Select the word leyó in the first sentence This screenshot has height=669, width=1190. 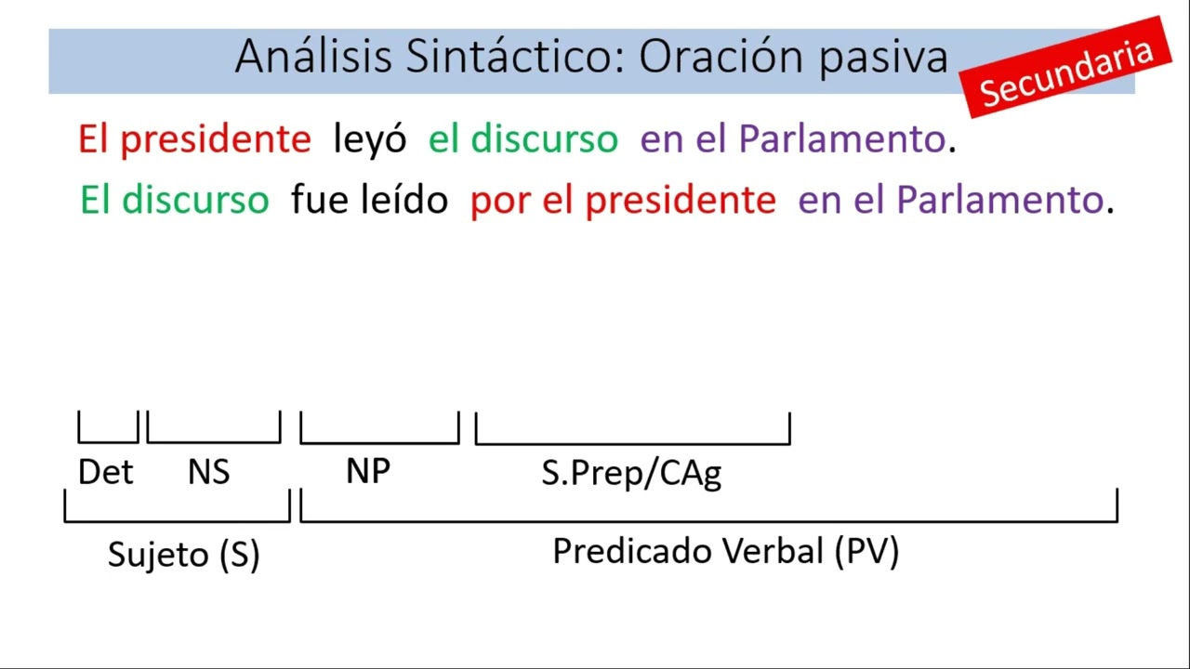click(x=369, y=140)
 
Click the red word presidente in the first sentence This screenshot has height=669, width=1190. click(x=215, y=140)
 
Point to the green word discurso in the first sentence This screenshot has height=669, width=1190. click(x=544, y=140)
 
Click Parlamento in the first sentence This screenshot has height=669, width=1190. click(x=841, y=140)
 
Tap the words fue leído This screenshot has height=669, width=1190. click(x=369, y=200)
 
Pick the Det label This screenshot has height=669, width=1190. click(x=105, y=472)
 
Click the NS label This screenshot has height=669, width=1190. click(x=208, y=472)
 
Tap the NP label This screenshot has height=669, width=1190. click(x=367, y=471)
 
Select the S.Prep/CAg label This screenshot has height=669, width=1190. click(x=631, y=473)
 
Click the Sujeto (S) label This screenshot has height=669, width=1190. click(x=183, y=555)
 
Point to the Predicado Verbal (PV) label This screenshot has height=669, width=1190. click(x=725, y=552)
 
